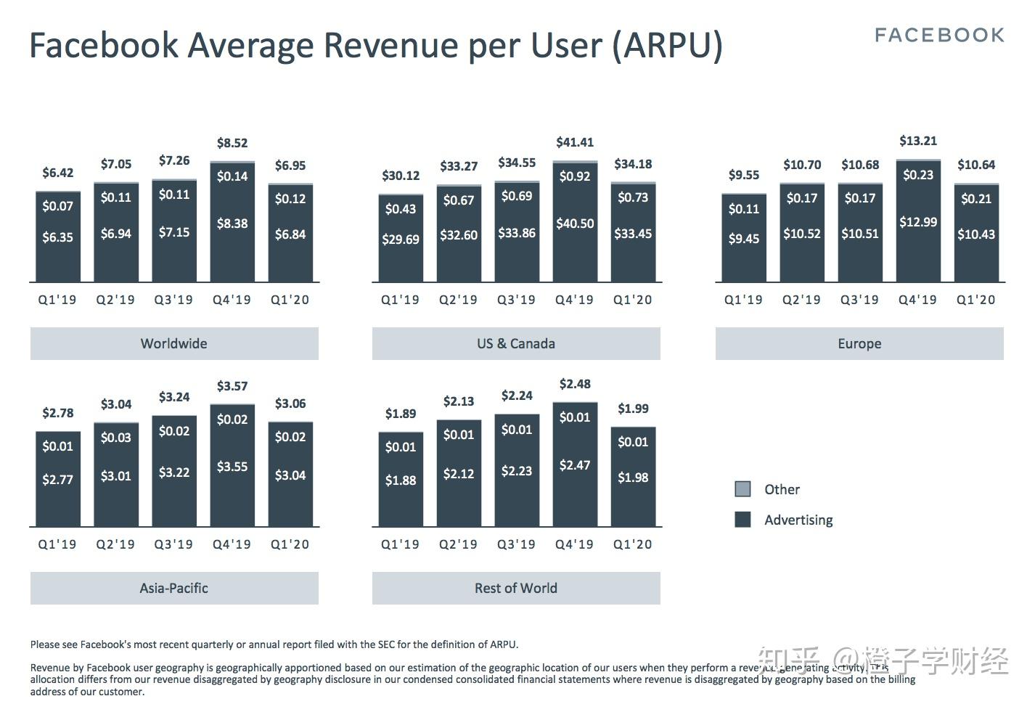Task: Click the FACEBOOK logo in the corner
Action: coord(939,35)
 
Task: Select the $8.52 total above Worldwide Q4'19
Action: coord(232,143)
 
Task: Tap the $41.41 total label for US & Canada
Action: coord(575,142)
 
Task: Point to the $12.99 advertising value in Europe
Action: coord(918,222)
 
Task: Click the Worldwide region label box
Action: coord(174,343)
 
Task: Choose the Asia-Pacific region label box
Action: coord(174,588)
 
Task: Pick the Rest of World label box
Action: coord(516,588)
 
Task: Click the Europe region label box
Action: coord(859,343)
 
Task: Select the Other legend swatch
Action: coord(742,489)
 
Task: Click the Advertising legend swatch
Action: coord(742,520)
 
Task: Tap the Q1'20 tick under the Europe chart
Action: coord(975,300)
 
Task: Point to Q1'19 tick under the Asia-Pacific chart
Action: coord(57,544)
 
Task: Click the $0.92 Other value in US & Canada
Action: coord(575,176)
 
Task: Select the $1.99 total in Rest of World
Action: coord(633,409)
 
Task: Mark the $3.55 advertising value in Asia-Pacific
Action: coord(232,467)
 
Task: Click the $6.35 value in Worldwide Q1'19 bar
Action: coord(57,237)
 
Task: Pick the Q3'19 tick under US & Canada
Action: coord(516,300)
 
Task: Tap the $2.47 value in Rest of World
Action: coord(575,465)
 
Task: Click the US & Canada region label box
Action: coord(516,343)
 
